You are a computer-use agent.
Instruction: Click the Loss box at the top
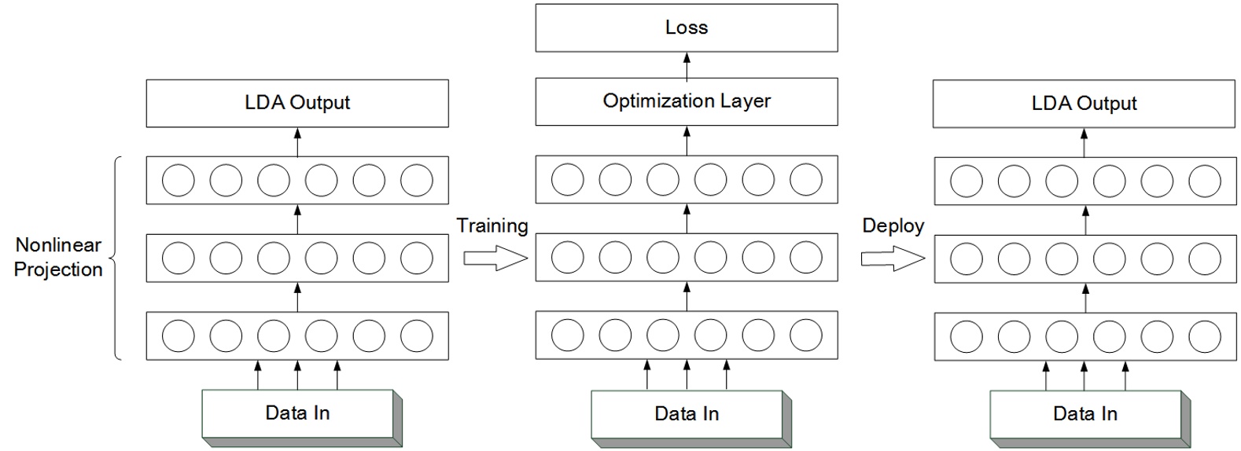(686, 27)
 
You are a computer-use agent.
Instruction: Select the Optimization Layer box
(686, 101)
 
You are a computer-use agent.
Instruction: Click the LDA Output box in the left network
(297, 103)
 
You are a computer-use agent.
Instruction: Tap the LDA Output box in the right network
(1084, 104)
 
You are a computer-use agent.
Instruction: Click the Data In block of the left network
(297, 413)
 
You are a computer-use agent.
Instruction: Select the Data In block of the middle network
(687, 414)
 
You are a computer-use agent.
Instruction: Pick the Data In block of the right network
(1084, 414)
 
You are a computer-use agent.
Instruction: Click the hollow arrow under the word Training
(494, 258)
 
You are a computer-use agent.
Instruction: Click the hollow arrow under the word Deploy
(892, 258)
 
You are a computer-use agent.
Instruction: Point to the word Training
(492, 226)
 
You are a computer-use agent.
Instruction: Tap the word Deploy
(893, 226)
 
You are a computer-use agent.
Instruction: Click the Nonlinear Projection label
(58, 257)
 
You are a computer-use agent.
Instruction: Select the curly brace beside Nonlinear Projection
(116, 258)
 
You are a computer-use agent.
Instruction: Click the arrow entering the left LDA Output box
(297, 142)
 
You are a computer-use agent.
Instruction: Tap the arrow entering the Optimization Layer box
(687, 141)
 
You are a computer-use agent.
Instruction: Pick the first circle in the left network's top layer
(179, 181)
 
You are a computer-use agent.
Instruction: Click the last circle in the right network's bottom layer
(1204, 337)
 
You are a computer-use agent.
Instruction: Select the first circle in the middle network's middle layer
(568, 257)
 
